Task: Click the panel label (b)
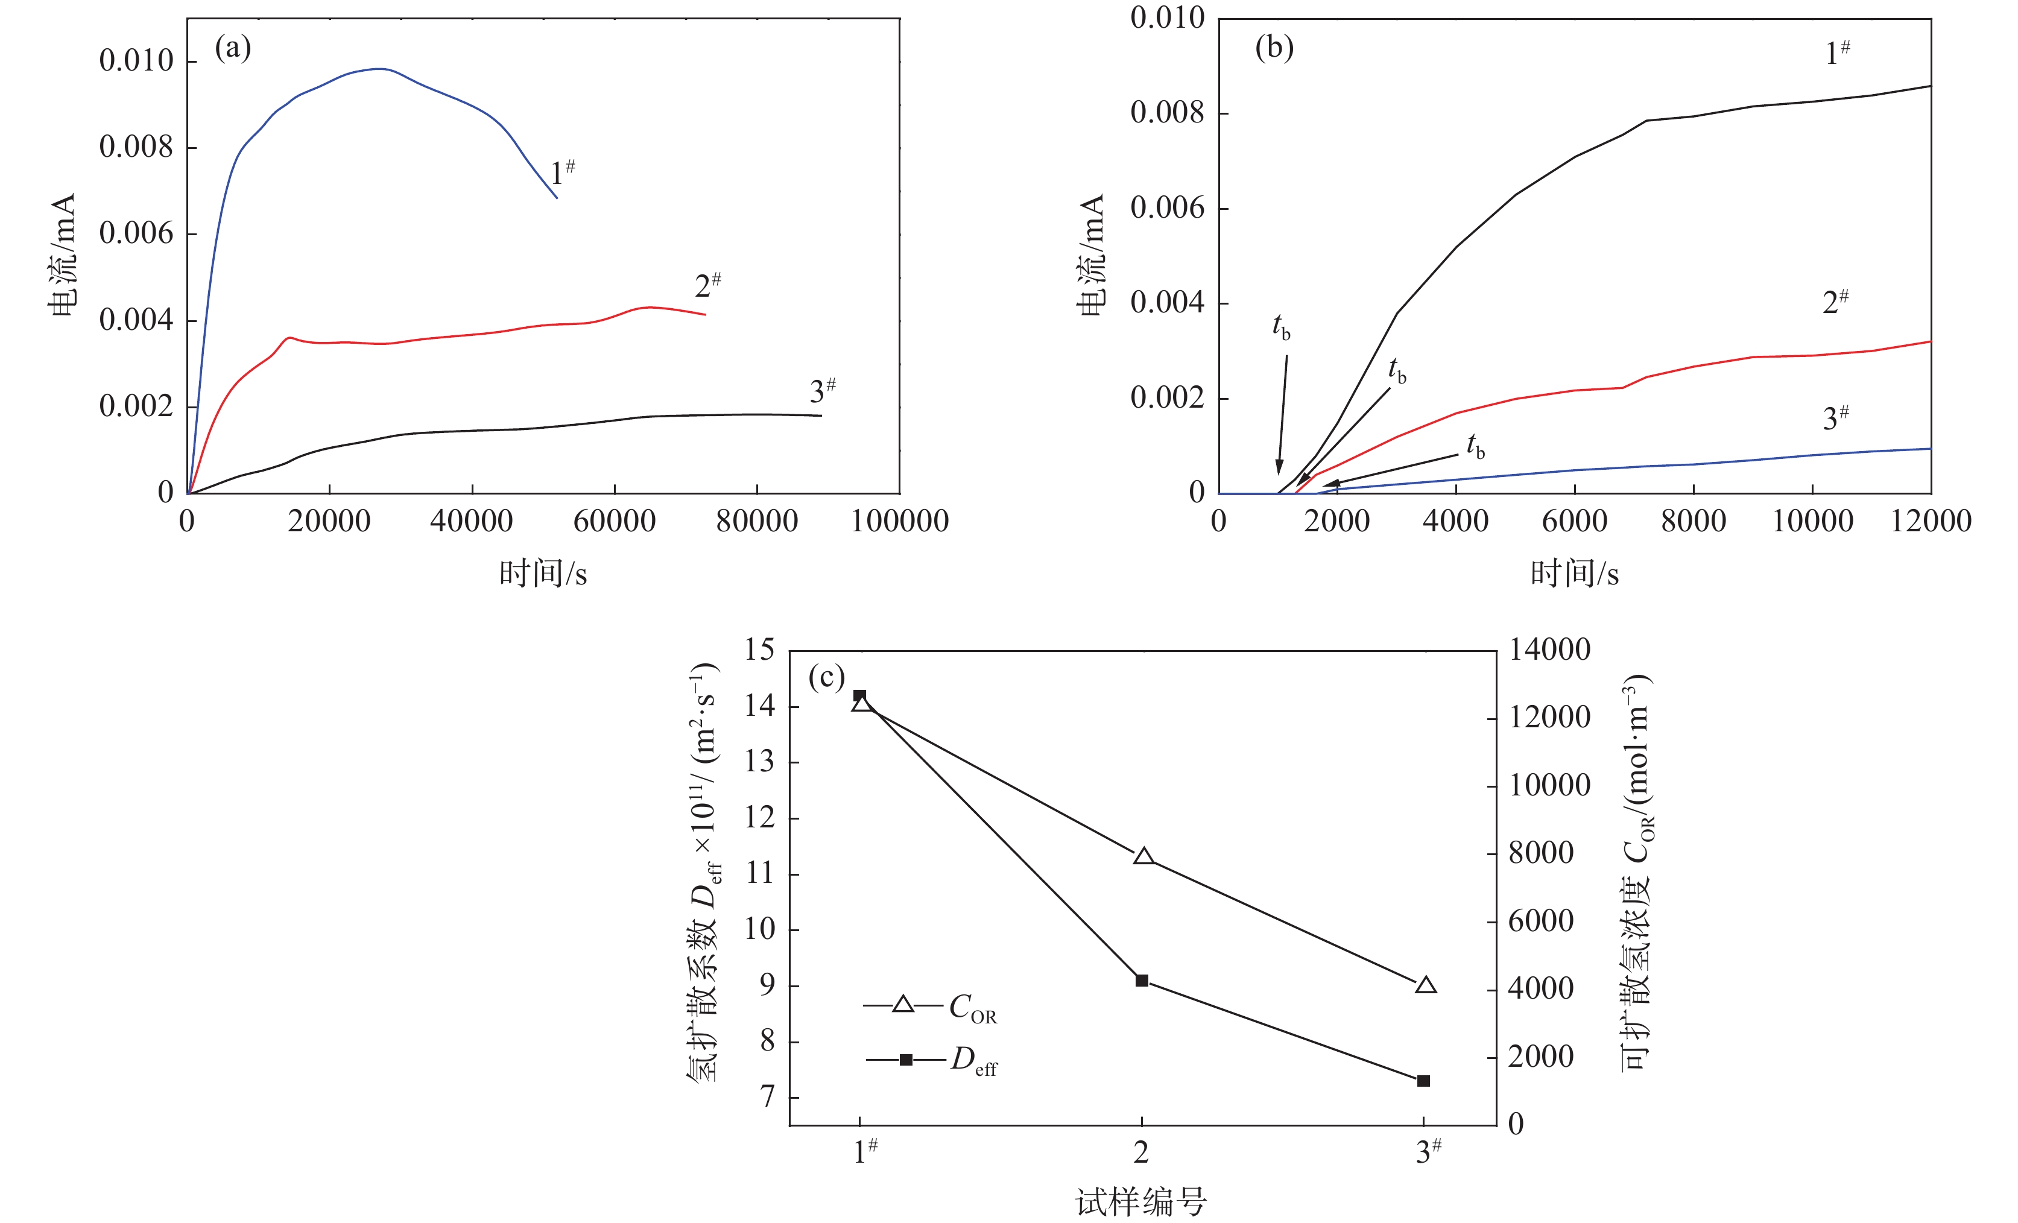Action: pos(1274,48)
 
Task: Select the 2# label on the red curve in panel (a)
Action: pos(707,285)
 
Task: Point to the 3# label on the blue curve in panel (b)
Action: pos(1835,418)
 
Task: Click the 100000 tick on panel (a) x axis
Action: pos(899,521)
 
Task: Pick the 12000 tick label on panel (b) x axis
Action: pos(1931,521)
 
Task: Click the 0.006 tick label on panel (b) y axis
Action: pos(1167,208)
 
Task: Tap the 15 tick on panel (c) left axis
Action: pos(759,651)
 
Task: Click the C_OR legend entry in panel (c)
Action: pos(972,1008)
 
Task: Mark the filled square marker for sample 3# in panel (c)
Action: pos(1423,1081)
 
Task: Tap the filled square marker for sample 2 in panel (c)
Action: pos(1142,981)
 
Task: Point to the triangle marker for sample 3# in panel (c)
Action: pos(1426,985)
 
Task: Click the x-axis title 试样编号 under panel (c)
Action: pos(1141,1202)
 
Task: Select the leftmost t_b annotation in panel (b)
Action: pos(1281,326)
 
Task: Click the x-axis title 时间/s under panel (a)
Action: pos(543,574)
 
